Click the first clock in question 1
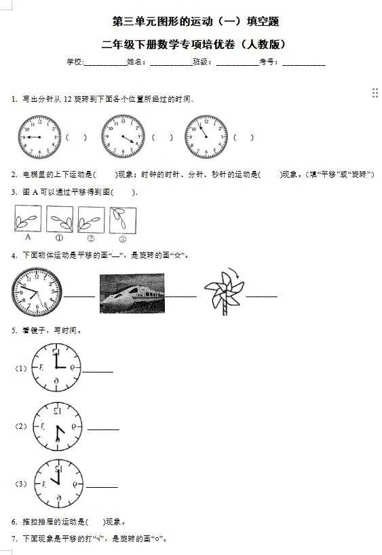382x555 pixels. tap(39, 137)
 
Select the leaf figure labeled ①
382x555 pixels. tap(60, 219)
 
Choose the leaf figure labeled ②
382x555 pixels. tap(91, 219)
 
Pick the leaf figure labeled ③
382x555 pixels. tap(122, 219)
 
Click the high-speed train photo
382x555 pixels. tap(132, 293)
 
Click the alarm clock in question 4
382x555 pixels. tap(36, 292)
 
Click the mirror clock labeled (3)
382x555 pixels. tap(58, 484)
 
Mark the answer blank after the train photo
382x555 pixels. tap(181, 296)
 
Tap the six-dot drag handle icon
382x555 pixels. tap(375, 93)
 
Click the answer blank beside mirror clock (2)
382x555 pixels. tap(103, 429)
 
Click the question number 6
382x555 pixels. tap(14, 522)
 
